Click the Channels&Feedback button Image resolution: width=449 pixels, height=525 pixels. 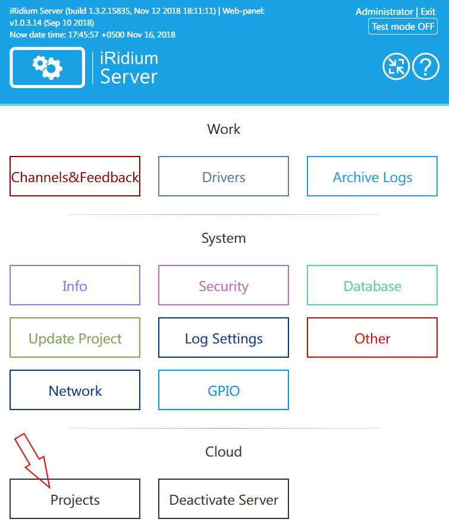(x=75, y=177)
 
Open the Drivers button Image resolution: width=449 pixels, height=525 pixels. (x=224, y=177)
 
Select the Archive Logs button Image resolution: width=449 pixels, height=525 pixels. (x=372, y=177)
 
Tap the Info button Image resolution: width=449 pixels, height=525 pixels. (x=75, y=286)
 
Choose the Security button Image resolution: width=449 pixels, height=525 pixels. (x=224, y=286)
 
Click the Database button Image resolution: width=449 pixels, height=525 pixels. (x=372, y=286)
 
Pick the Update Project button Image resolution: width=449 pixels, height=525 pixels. (x=75, y=338)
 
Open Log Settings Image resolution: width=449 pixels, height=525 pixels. (x=224, y=338)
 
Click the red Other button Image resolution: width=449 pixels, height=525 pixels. (x=372, y=338)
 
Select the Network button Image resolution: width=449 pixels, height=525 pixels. (x=75, y=390)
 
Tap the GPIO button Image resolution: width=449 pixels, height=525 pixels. (x=224, y=390)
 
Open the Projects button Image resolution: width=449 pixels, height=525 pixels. (x=75, y=499)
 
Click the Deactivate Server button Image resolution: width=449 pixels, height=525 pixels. (x=224, y=499)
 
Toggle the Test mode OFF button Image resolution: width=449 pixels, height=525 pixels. (x=403, y=27)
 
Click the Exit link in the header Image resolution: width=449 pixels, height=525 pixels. (x=428, y=12)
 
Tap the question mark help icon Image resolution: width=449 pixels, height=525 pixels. (x=425, y=67)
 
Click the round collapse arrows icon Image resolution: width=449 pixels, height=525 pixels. (x=395, y=67)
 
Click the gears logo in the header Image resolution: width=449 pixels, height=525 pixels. (x=48, y=67)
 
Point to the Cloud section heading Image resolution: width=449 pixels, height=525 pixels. (x=224, y=452)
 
